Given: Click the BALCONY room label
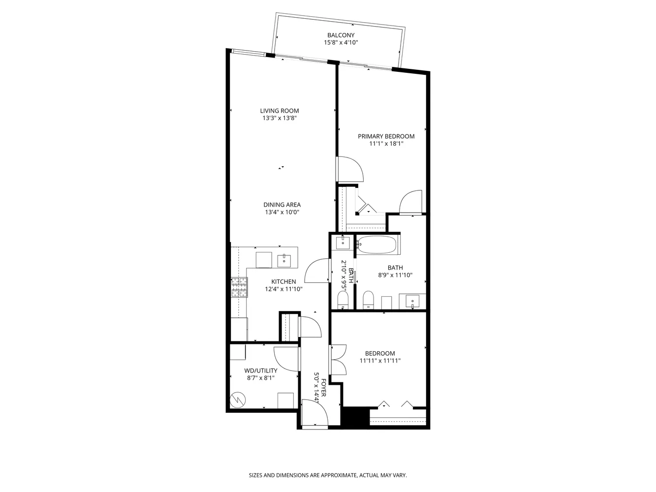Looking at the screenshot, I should pos(341,35).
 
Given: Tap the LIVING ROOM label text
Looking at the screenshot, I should pos(280,111).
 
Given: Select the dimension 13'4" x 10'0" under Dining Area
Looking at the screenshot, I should pos(282,213).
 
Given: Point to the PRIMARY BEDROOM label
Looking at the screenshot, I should pos(386,136).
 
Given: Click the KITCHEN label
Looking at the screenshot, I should pos(283,281).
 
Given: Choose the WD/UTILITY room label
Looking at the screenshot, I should pos(260,370).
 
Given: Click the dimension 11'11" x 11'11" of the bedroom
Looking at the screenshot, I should pos(380,361).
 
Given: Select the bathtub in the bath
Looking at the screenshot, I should pos(376,245).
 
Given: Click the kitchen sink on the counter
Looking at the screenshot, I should pos(284,260).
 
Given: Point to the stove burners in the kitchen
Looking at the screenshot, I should pos(239,288).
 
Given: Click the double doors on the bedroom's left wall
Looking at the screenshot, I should pos(339,360).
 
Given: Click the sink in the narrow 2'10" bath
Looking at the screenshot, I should pos(343,242).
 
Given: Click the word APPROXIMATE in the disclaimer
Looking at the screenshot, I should pos(334,476).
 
